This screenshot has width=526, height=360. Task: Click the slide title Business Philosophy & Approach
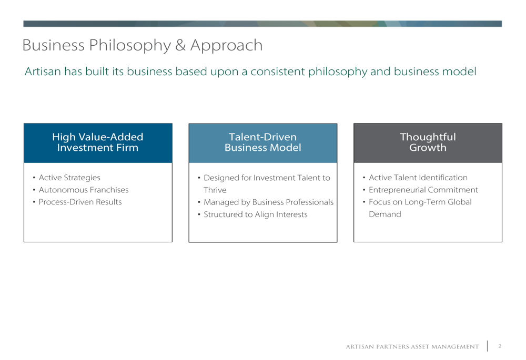click(x=142, y=46)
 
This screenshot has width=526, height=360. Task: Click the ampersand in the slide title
click(x=180, y=45)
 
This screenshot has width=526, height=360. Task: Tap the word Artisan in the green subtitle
click(x=43, y=71)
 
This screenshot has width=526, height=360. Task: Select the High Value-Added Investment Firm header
click(x=98, y=142)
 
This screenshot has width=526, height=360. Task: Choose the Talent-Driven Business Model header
click(x=262, y=142)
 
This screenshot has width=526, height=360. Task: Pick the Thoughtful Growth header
click(x=428, y=142)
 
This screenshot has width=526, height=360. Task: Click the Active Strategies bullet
click(x=69, y=178)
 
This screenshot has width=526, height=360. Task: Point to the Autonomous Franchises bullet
click(x=84, y=190)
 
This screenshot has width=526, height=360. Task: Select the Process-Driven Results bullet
click(x=80, y=202)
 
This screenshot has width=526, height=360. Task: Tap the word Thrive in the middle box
click(x=215, y=190)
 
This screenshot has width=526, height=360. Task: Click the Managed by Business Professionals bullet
click(x=268, y=202)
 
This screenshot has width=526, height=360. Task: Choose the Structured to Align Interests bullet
click(x=255, y=214)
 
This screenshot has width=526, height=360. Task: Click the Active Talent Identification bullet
click(x=418, y=177)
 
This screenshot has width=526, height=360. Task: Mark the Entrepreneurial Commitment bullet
click(x=423, y=190)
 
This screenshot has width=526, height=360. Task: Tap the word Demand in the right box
click(x=385, y=214)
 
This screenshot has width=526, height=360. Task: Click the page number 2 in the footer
click(x=500, y=346)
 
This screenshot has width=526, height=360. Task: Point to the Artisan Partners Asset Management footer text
click(x=412, y=346)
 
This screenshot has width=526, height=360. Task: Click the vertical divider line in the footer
click(x=488, y=346)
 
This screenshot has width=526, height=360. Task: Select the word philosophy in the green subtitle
click(x=338, y=71)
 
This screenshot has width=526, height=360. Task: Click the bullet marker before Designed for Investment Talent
click(x=199, y=178)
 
